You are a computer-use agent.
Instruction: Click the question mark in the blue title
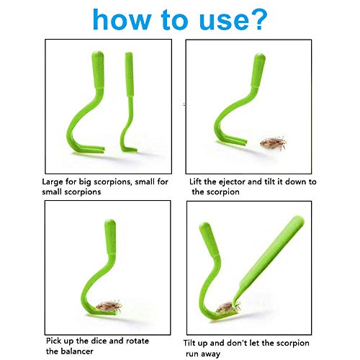coord(258,19)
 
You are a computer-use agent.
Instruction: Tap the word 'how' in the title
coord(122,19)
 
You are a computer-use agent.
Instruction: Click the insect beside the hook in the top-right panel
coord(274,143)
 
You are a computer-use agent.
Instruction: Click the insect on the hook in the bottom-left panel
coord(109,306)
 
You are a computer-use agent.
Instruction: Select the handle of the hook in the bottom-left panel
coord(110,236)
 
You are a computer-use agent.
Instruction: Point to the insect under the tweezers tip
coord(227,307)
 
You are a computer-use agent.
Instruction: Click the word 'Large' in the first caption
coord(52,182)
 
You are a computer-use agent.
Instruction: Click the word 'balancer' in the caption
coord(77,351)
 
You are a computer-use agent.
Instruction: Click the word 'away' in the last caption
coord(210,354)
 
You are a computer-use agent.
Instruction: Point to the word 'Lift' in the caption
coord(195,181)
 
